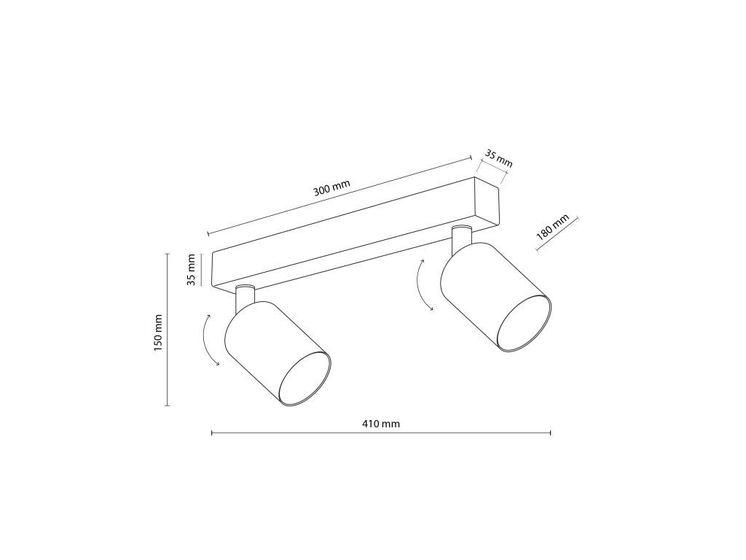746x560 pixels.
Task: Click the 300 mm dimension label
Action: [x=331, y=189]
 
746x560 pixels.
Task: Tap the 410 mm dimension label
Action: [x=381, y=424]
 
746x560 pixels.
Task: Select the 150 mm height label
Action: [x=158, y=332]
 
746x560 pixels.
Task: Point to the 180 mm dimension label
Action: [x=552, y=227]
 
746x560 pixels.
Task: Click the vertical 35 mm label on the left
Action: [x=192, y=270]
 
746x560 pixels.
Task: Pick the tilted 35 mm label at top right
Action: [x=498, y=158]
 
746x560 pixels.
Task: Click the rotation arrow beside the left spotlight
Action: [x=208, y=339]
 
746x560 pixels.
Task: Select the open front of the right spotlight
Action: [x=525, y=324]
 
